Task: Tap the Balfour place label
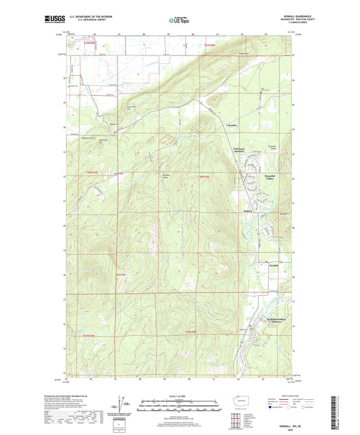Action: (247, 211)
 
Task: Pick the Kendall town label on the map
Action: (274, 265)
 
